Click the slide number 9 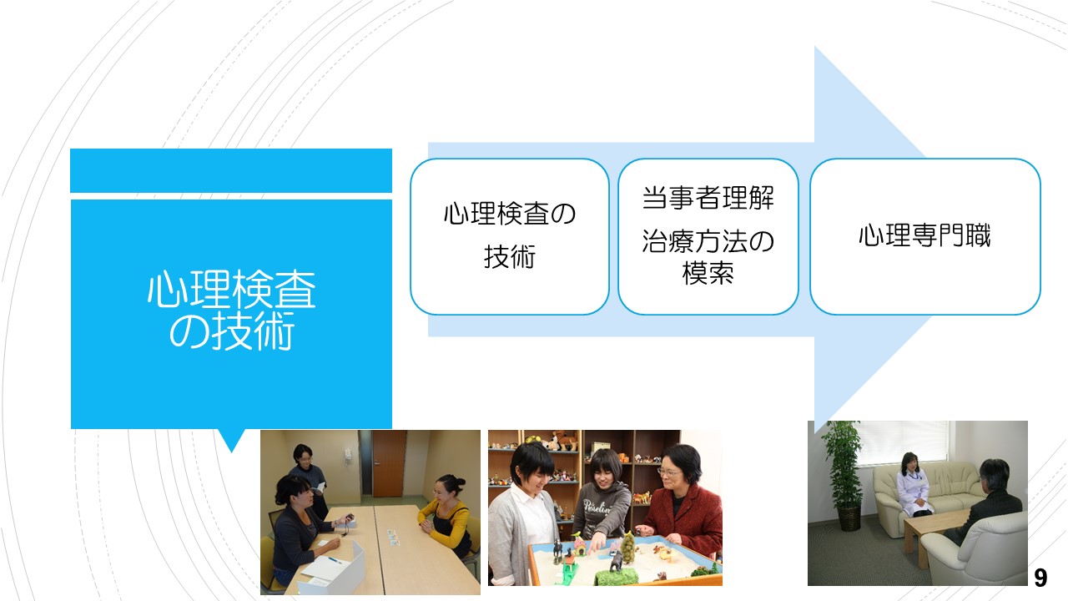click(1040, 578)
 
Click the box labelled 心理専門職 click(925, 236)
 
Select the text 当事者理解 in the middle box click(708, 198)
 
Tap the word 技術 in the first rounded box click(510, 256)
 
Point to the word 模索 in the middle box click(708, 273)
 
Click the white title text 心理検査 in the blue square click(232, 289)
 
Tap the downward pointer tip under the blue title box click(232, 452)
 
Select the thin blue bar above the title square click(231, 170)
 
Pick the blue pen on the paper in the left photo click(335, 559)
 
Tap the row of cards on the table click(393, 538)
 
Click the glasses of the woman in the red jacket click(669, 472)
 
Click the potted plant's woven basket click(849, 518)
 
